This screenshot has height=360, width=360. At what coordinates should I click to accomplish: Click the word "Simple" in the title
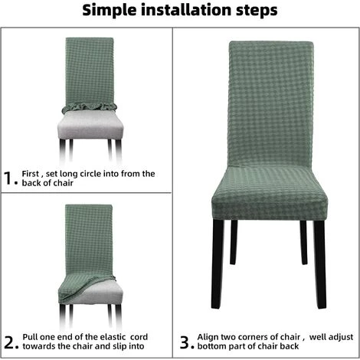[x=110, y=11]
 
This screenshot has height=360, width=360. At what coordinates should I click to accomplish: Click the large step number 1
[x=9, y=178]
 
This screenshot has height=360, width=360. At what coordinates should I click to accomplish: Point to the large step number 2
[x=10, y=342]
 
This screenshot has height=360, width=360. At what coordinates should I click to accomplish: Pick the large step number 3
[x=185, y=342]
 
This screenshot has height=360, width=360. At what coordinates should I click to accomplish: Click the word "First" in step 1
[x=31, y=174]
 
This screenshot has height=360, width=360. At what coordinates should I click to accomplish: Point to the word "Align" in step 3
[x=208, y=337]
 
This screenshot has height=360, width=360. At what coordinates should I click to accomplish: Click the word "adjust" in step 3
[x=341, y=337]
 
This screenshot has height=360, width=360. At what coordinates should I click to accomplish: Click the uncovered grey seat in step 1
[x=90, y=126]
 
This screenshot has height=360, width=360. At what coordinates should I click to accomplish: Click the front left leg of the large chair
[x=218, y=263]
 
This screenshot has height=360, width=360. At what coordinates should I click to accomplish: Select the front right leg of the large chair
[x=319, y=263]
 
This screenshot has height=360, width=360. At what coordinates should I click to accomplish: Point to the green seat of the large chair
[x=270, y=192]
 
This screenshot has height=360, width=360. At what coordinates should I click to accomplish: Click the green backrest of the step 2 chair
[x=89, y=240]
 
